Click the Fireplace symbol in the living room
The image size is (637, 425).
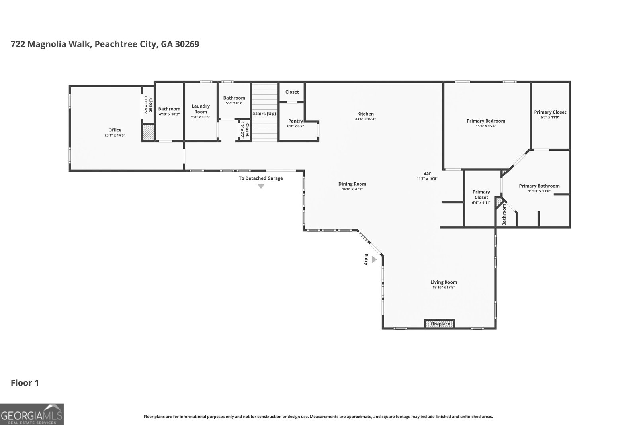click(440, 324)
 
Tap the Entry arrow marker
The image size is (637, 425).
click(374, 260)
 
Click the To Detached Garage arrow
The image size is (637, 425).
click(261, 186)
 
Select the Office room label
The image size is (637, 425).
click(115, 130)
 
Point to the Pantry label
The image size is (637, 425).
click(295, 121)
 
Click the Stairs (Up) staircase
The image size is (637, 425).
click(265, 114)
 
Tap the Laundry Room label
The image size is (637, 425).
click(201, 109)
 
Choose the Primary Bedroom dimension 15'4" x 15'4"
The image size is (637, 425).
click(486, 126)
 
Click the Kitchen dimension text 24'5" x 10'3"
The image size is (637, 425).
click(365, 119)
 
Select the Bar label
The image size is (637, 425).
click(427, 173)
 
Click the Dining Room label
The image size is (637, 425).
click(352, 184)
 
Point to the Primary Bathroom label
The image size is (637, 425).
click(539, 186)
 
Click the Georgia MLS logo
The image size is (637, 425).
click(31, 414)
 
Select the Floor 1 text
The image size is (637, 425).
click(24, 383)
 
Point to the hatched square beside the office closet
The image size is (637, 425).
click(148, 132)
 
